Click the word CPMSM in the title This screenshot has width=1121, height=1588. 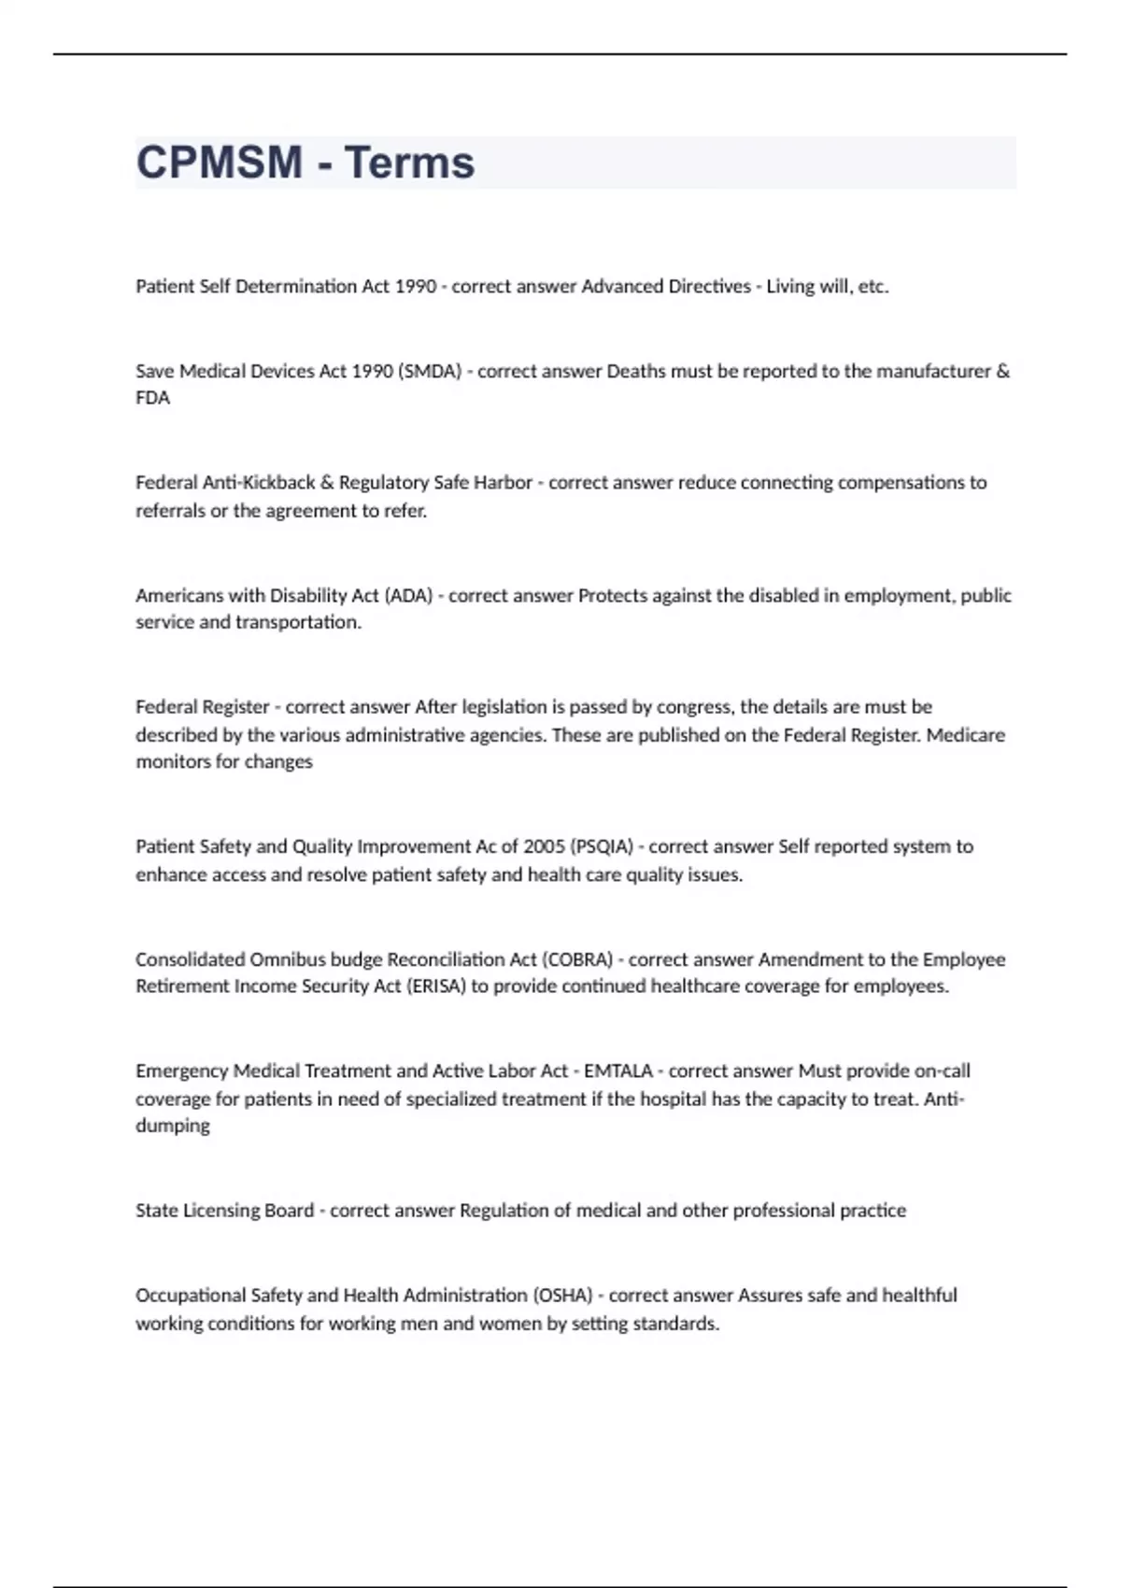[x=220, y=163]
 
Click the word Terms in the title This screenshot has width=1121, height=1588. [x=409, y=163]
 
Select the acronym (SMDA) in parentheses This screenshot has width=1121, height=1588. [x=430, y=371]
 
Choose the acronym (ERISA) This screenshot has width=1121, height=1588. [x=435, y=986]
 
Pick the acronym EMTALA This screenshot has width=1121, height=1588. [x=618, y=1070]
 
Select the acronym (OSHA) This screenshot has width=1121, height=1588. [x=562, y=1296]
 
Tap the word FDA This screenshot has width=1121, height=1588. [x=153, y=398]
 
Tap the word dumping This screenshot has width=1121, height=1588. [x=173, y=1126]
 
